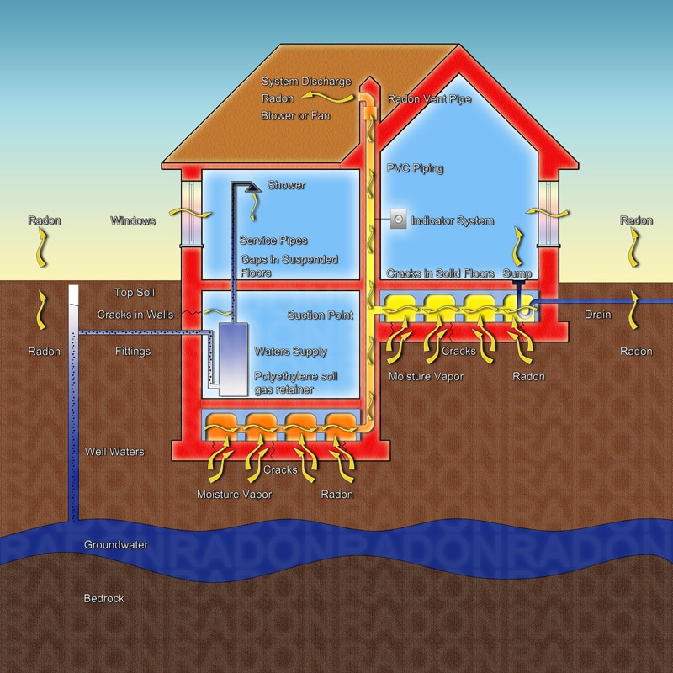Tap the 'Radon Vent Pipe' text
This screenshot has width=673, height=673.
tap(429, 99)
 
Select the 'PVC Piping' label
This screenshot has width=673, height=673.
tap(415, 169)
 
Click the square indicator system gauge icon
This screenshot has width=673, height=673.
tap(398, 220)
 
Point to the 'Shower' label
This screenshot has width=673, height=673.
tap(286, 185)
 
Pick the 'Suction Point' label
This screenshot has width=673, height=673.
tap(320, 315)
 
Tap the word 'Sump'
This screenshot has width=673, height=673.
tap(517, 274)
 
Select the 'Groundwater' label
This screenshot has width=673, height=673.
tap(116, 545)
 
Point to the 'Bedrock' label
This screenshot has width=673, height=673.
tap(103, 599)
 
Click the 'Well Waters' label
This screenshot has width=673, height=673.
tap(114, 453)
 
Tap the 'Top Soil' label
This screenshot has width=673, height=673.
tap(135, 293)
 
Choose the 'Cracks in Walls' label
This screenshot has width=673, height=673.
tap(135, 315)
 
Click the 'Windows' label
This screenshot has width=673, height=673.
tap(133, 221)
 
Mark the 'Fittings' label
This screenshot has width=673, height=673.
tap(132, 352)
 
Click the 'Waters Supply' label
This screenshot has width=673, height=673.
tap(290, 352)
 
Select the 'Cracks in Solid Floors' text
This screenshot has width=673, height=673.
tap(441, 274)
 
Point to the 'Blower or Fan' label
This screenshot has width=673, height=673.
tap(295, 116)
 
